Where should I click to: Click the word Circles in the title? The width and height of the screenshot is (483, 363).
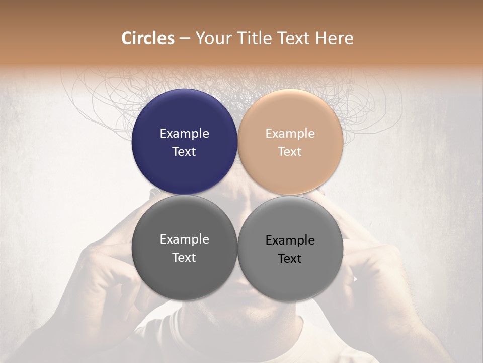click(x=147, y=38)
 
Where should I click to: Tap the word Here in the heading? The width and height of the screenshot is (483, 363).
click(x=334, y=38)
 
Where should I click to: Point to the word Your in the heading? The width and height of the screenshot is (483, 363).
click(x=211, y=38)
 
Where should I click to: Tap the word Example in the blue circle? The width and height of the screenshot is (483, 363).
click(x=184, y=133)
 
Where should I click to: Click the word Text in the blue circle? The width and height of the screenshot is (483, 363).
click(x=184, y=151)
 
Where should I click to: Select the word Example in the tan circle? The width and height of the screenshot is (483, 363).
click(x=290, y=133)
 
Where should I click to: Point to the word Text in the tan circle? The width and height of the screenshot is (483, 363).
click(x=290, y=151)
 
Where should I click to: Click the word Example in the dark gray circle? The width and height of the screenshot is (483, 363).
click(x=184, y=239)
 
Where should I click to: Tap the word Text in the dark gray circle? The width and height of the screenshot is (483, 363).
click(x=184, y=257)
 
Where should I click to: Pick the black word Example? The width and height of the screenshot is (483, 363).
click(x=290, y=240)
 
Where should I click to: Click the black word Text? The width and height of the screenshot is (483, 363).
click(x=290, y=258)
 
